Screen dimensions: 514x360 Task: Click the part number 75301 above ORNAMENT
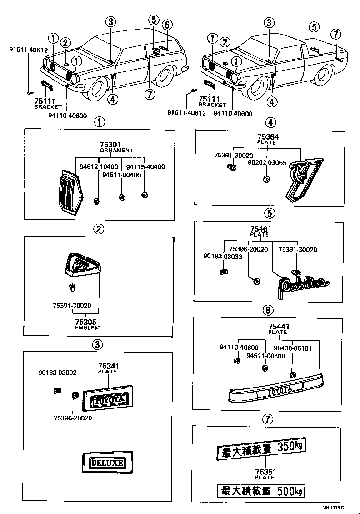(110, 145)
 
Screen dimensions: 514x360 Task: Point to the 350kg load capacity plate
(261, 448)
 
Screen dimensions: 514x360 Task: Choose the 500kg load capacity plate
(261, 491)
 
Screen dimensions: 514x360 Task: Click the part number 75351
(265, 472)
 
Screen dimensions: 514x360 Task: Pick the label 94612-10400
(98, 166)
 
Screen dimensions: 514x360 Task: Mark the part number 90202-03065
(266, 162)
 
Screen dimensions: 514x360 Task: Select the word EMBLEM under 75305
(87, 328)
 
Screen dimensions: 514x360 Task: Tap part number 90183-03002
(57, 373)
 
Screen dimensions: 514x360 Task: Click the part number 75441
(279, 327)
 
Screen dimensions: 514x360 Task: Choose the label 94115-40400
(145, 166)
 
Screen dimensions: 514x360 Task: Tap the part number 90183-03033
(222, 257)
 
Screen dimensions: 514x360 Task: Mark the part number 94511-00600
(266, 356)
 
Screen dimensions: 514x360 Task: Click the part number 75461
(260, 229)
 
